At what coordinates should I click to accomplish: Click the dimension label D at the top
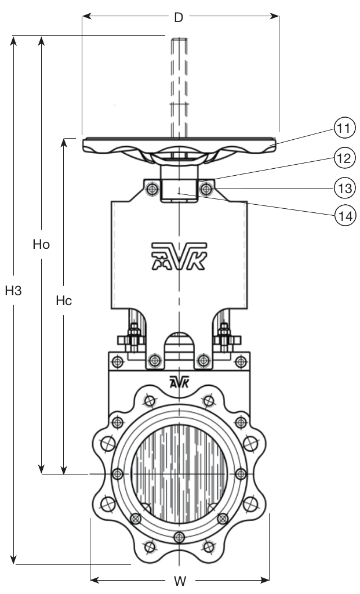[179, 17]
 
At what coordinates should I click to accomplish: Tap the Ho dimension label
[41, 245]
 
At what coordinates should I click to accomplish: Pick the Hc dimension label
[64, 301]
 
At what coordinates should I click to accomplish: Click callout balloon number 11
[344, 129]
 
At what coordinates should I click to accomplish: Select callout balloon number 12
[344, 157]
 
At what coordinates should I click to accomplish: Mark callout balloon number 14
[344, 216]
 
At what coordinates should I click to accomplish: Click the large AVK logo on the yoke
[179, 255]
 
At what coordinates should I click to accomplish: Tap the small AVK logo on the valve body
[179, 382]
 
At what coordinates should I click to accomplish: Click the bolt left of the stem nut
[152, 189]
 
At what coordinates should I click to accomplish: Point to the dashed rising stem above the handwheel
[179, 87]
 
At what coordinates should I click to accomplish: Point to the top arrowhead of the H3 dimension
[13, 41]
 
